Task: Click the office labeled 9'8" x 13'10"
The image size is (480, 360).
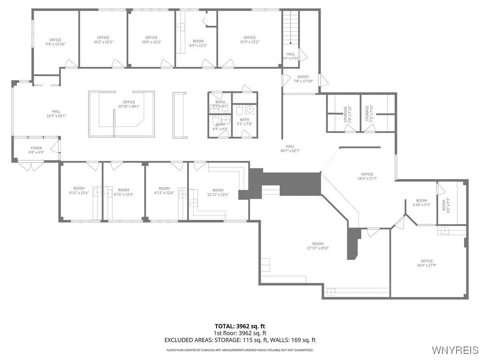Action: (x=55, y=42)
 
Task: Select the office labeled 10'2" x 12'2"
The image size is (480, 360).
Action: (x=103, y=40)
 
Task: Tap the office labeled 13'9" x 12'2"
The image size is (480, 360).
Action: (x=249, y=40)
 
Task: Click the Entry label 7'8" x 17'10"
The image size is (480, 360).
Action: (x=303, y=79)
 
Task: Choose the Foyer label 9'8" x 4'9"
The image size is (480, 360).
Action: (x=36, y=150)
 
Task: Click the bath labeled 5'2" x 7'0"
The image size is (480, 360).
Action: (x=244, y=122)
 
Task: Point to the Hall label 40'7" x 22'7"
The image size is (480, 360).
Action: (x=290, y=148)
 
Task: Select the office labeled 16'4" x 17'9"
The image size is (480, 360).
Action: (x=427, y=263)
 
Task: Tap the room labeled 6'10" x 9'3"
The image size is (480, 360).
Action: (x=421, y=202)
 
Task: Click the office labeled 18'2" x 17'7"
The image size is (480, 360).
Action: (x=367, y=176)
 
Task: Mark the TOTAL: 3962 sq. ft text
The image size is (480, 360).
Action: (x=240, y=326)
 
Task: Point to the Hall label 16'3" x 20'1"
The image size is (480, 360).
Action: (x=56, y=113)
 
